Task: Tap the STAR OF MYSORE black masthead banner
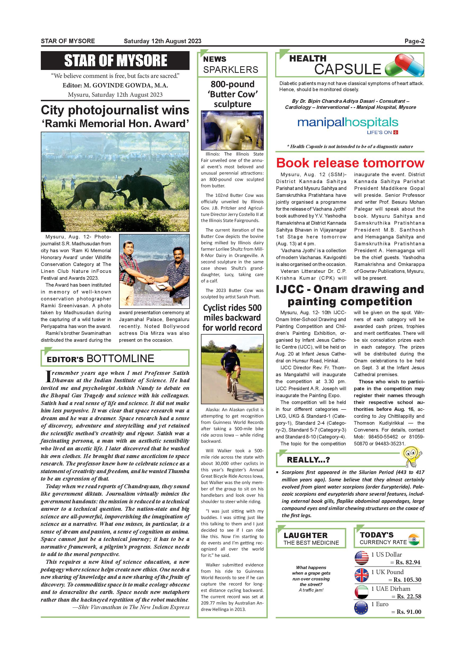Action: click(115, 60)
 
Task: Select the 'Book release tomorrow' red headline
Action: click(350, 163)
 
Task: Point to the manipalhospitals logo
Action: click(348, 124)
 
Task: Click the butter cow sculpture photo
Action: click(232, 131)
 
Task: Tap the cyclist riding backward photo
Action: click(232, 369)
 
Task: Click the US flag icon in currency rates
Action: click(362, 558)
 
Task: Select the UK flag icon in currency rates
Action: click(362, 575)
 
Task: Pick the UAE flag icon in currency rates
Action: click(362, 592)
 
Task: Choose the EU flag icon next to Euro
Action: click(362, 608)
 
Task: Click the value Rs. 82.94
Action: click(408, 562)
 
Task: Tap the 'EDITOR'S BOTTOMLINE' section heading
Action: click(100, 358)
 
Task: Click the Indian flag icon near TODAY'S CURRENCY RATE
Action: click(414, 539)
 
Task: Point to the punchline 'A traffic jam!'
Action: click(311, 590)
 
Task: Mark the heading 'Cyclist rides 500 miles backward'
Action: click(232, 318)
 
